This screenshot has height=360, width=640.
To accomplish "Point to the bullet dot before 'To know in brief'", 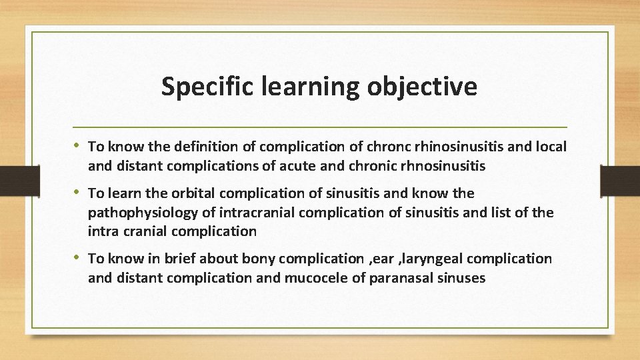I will (x=79, y=258).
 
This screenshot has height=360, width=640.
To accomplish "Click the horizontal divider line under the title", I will (x=320, y=127).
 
